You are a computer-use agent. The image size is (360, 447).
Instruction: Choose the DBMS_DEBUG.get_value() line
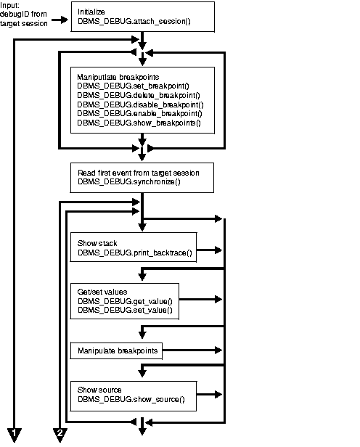[x=120, y=300]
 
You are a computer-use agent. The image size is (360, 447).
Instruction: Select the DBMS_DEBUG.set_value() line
[x=120, y=310]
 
